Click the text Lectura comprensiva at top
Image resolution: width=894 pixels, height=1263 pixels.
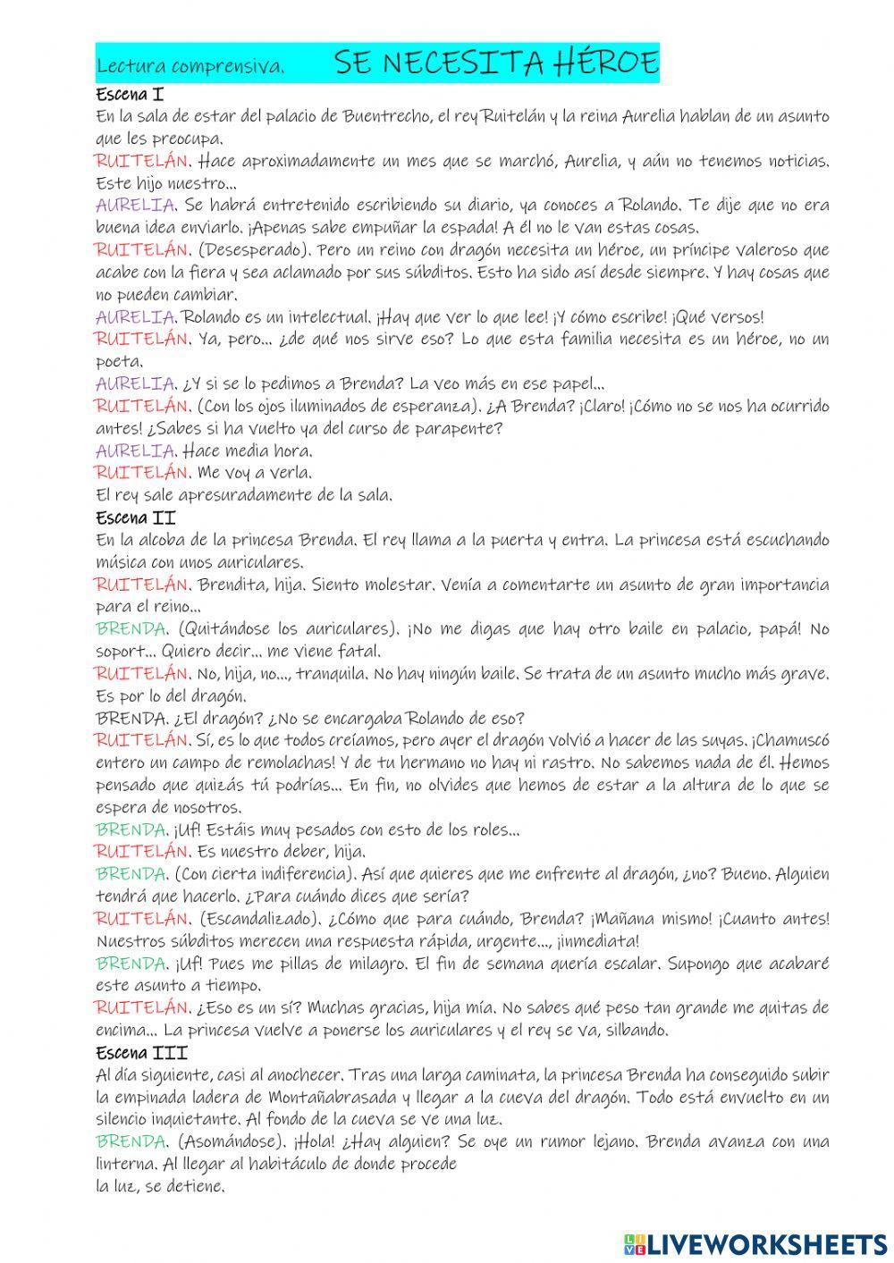pos(190,67)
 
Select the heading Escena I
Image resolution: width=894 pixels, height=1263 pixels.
pos(129,94)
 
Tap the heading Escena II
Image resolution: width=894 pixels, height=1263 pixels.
pos(135,518)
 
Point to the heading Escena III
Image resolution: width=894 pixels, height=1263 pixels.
pos(140,1053)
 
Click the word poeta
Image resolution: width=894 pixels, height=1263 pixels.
pos(117,361)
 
